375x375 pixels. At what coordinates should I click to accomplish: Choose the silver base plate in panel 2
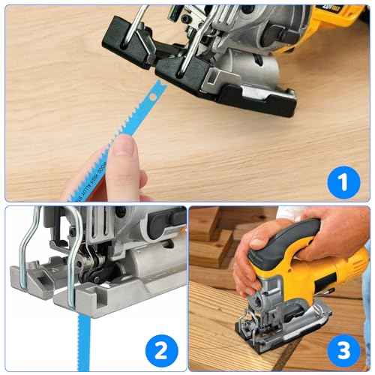(x=112, y=300)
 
